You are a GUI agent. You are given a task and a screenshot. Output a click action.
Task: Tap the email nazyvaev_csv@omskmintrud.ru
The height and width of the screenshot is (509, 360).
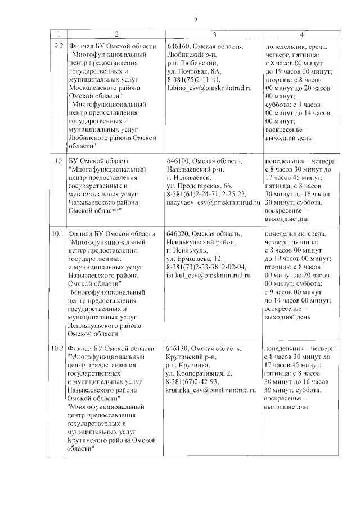[x=214, y=201]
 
